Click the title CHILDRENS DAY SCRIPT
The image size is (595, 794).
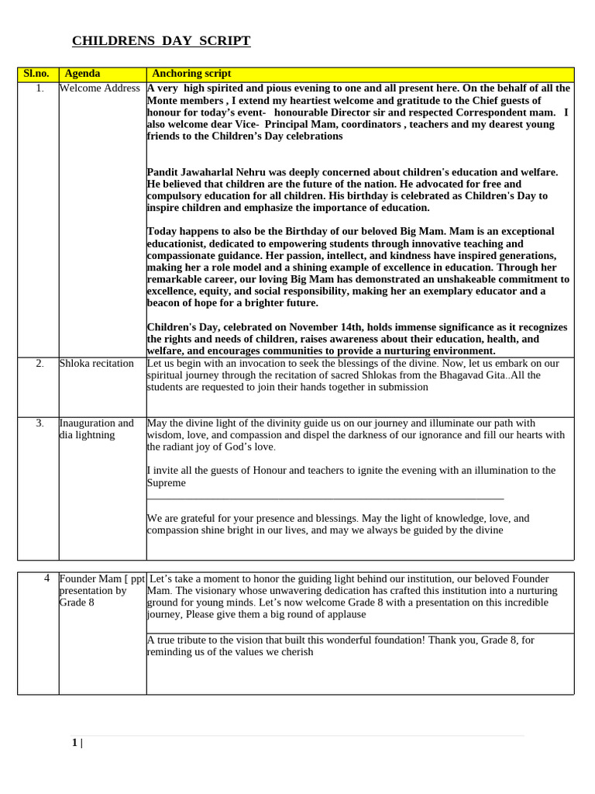(x=161, y=41)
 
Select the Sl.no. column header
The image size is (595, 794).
(x=36, y=74)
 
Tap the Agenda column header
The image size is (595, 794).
(x=82, y=74)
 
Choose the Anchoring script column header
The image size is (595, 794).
(x=191, y=74)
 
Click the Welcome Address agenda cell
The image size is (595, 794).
(x=100, y=88)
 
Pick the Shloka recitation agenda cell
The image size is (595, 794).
(x=97, y=364)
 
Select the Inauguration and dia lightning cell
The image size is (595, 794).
(x=97, y=429)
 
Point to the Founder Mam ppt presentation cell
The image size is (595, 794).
(x=101, y=590)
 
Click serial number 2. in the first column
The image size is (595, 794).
(x=40, y=364)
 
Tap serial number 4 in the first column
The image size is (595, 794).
(x=47, y=578)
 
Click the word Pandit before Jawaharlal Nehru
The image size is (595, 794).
(x=163, y=172)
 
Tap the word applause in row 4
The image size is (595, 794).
(x=344, y=614)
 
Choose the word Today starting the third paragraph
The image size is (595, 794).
(x=163, y=232)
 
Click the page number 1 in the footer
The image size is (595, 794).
(x=74, y=743)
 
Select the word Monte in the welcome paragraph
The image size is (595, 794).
(x=163, y=101)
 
